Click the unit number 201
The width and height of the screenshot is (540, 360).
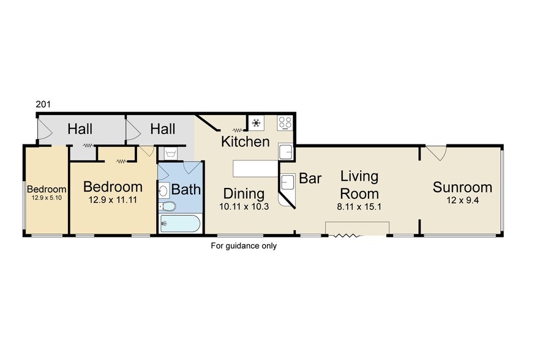[43, 105]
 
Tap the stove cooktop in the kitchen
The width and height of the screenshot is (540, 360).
[285, 122]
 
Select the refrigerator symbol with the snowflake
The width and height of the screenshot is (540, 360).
[256, 123]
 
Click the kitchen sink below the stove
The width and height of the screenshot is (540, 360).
[285, 151]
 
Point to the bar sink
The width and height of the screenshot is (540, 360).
[287, 182]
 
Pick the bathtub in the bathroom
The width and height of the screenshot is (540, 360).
[179, 223]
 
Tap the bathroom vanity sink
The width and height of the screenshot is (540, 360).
[164, 190]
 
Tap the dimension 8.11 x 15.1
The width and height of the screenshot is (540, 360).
[359, 206]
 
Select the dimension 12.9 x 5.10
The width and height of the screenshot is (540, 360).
[47, 198]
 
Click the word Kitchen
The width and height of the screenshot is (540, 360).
[245, 142]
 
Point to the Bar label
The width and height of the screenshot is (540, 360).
[310, 179]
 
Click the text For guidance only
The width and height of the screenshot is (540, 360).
[244, 246]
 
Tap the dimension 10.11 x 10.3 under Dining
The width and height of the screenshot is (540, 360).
[243, 207]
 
